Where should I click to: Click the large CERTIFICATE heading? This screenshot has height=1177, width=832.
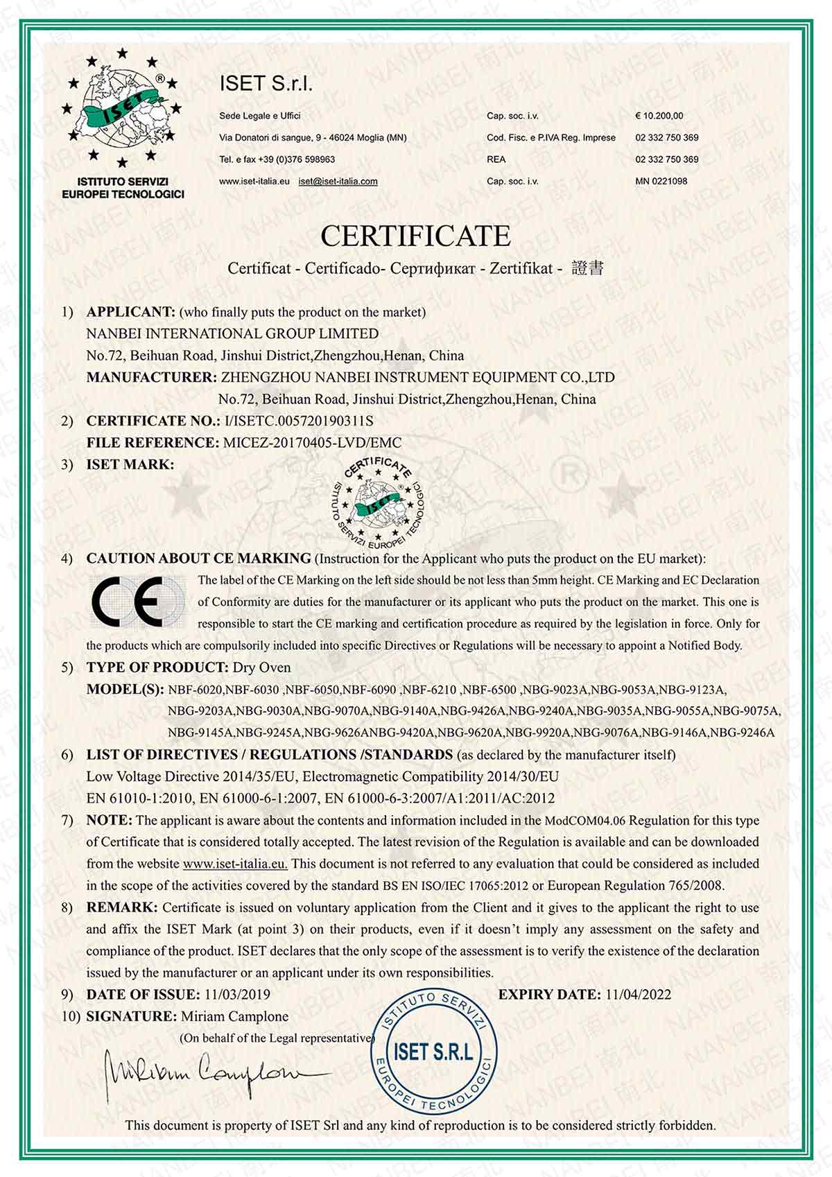[x=415, y=236]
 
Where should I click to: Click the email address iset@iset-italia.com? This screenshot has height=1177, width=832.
[x=338, y=182]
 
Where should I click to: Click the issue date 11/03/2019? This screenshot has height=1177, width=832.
[x=237, y=994]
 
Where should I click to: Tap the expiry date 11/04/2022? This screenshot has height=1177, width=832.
[x=638, y=994]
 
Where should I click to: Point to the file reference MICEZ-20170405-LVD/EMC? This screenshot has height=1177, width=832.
[x=312, y=442]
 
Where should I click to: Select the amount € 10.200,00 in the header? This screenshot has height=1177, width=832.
[x=659, y=116]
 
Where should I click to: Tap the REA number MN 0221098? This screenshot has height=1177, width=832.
[x=661, y=181]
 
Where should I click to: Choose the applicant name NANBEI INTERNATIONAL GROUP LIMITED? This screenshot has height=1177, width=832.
[x=232, y=333]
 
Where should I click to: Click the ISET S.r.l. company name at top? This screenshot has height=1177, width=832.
[x=266, y=84]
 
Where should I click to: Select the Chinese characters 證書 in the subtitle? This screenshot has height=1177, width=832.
[x=587, y=268]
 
